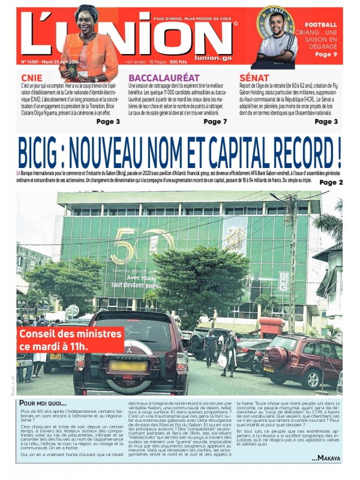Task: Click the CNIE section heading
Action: [x=31, y=77]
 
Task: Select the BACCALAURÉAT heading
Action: [x=163, y=77]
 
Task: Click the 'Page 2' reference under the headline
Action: [x=331, y=182]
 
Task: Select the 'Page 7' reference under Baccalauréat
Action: [x=215, y=122]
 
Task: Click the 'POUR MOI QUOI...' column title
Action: [x=43, y=403]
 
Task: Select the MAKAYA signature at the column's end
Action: [x=325, y=458]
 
